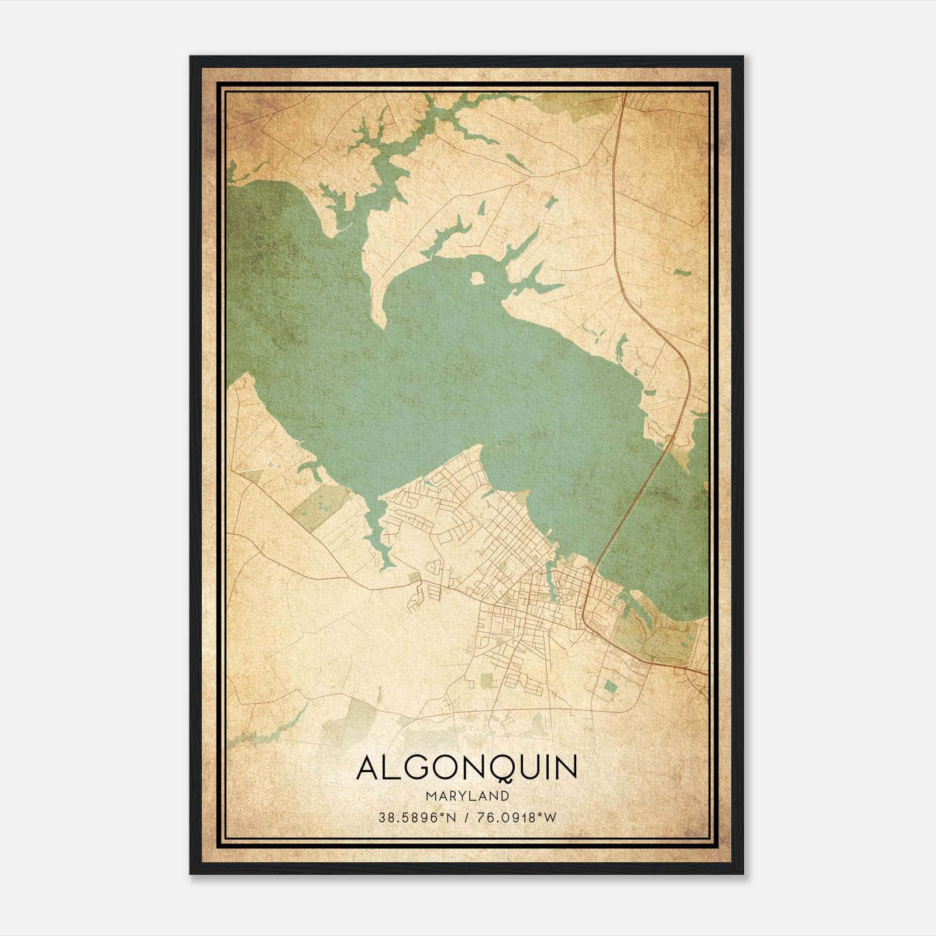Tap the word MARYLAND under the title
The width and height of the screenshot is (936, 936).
467,796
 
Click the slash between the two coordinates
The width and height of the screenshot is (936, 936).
467,817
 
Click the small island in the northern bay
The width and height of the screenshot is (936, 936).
477,277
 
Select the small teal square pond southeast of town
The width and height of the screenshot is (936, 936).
610,686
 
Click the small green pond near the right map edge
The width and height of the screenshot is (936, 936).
679,273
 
